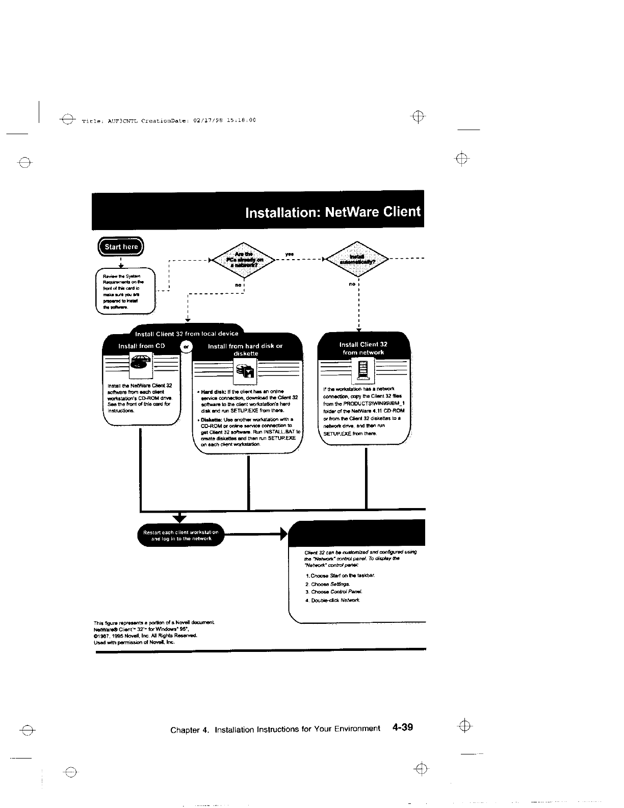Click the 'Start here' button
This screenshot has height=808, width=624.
click(x=121, y=247)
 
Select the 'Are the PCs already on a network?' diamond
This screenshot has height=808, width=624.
click(x=243, y=260)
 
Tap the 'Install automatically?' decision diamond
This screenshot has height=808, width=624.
click(x=357, y=260)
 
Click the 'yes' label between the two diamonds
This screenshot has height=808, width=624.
click(x=289, y=254)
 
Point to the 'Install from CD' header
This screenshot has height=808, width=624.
click(x=141, y=346)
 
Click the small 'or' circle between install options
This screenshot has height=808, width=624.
click(x=186, y=346)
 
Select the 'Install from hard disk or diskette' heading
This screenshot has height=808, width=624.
click(x=245, y=349)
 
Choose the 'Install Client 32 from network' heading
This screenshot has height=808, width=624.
click(x=363, y=348)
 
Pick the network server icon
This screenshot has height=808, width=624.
click(x=363, y=370)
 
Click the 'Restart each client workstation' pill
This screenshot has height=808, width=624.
click(x=181, y=535)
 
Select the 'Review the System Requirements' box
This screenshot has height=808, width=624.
click(x=125, y=291)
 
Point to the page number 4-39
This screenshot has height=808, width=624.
click(x=402, y=727)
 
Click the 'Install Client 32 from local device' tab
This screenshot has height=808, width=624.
click(x=186, y=334)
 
